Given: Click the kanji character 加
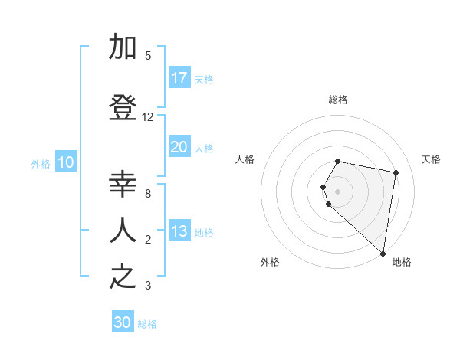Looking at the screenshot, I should (x=123, y=47).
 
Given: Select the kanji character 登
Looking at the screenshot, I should (x=123, y=108).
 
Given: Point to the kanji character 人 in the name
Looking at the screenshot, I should (x=123, y=229).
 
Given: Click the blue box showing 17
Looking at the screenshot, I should (x=179, y=78).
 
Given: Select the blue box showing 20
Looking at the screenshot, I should (x=179, y=147).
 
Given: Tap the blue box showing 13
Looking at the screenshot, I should (x=179, y=231).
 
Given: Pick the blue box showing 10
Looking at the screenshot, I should (x=66, y=162).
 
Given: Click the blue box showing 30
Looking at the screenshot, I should (x=123, y=322).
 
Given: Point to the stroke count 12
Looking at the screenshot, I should (x=148, y=117).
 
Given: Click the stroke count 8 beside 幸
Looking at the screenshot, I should (x=148, y=194).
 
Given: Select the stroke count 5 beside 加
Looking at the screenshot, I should (x=148, y=56).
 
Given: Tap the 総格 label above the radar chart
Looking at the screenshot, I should (x=338, y=100).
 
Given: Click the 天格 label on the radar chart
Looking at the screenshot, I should (x=431, y=159).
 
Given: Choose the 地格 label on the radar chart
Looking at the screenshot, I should (x=402, y=262).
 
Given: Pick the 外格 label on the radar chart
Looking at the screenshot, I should (x=270, y=262).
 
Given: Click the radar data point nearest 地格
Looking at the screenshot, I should (x=383, y=254).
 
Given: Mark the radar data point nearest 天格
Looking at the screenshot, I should (x=396, y=173).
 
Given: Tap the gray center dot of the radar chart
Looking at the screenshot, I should (x=338, y=191).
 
